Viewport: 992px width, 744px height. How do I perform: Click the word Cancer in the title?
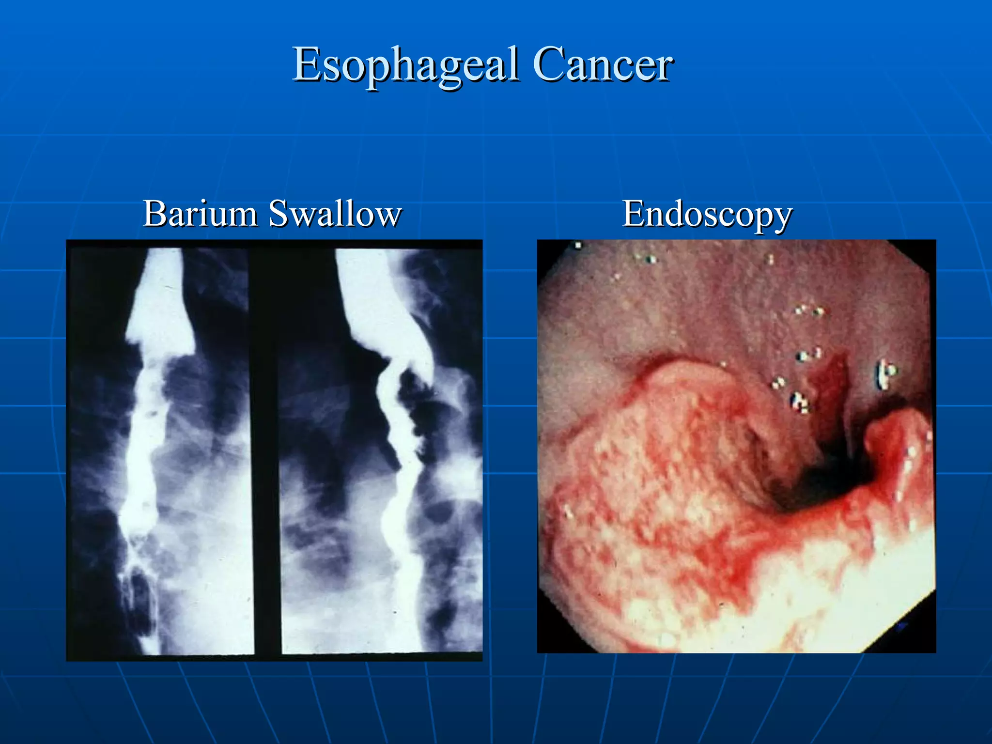click(603, 65)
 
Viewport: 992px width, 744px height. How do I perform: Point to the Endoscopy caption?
click(707, 214)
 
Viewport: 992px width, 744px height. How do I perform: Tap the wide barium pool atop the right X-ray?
click(373, 300)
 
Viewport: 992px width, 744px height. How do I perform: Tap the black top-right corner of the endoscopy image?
click(923, 252)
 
